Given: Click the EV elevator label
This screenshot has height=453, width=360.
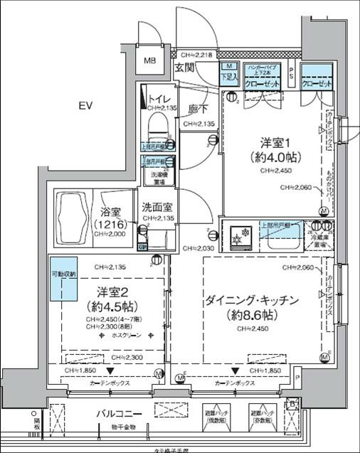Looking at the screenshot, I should (x=86, y=106).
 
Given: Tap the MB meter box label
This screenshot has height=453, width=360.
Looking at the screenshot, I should (x=151, y=61).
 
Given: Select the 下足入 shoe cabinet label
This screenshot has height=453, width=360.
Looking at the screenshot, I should (x=228, y=76).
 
